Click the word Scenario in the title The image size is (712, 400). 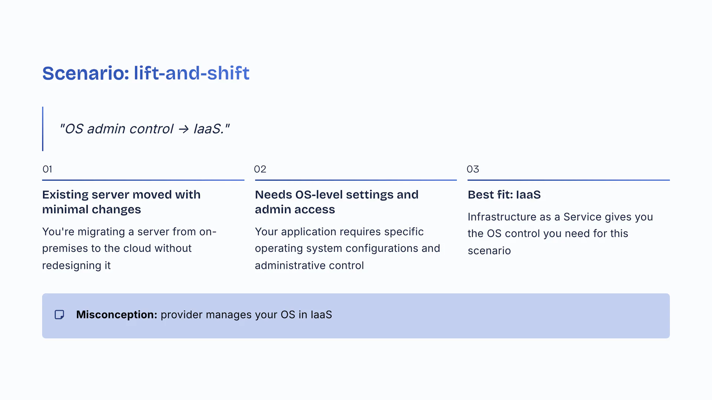click(85, 73)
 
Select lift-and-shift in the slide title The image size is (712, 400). click(192, 73)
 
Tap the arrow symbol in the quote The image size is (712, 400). click(183, 129)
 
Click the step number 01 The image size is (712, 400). click(47, 169)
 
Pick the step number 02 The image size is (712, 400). click(260, 169)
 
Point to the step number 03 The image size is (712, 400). click(473, 169)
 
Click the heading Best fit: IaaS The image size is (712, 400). click(504, 194)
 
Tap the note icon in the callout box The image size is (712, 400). click(59, 315)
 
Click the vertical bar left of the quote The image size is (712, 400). click(43, 129)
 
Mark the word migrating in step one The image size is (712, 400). click(101, 232)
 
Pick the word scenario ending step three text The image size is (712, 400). click(489, 251)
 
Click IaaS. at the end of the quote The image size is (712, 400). click(209, 129)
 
